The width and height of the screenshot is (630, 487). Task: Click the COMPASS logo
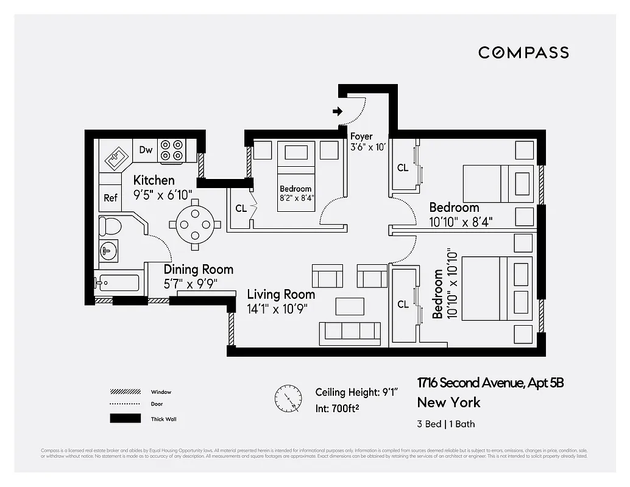click(523, 53)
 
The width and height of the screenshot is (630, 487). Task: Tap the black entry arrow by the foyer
click(337, 111)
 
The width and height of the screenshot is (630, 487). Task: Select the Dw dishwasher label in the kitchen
click(146, 150)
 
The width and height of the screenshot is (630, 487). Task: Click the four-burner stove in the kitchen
click(171, 150)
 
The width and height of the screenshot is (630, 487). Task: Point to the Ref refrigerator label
click(110, 198)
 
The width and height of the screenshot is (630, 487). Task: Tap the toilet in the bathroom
click(110, 226)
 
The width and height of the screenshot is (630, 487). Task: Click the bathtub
click(117, 284)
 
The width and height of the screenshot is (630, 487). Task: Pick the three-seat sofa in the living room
click(350, 331)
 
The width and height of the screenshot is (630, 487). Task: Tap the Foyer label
click(361, 136)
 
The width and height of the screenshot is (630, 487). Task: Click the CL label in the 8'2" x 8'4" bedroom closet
click(241, 208)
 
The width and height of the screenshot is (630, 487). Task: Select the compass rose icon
click(288, 398)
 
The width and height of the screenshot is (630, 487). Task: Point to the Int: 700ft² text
click(337, 408)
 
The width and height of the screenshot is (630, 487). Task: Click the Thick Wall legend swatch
click(125, 419)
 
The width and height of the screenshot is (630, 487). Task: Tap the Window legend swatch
click(125, 392)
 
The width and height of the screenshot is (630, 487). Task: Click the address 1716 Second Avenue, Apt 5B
click(490, 383)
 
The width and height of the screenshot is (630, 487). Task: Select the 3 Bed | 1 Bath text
click(446, 424)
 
